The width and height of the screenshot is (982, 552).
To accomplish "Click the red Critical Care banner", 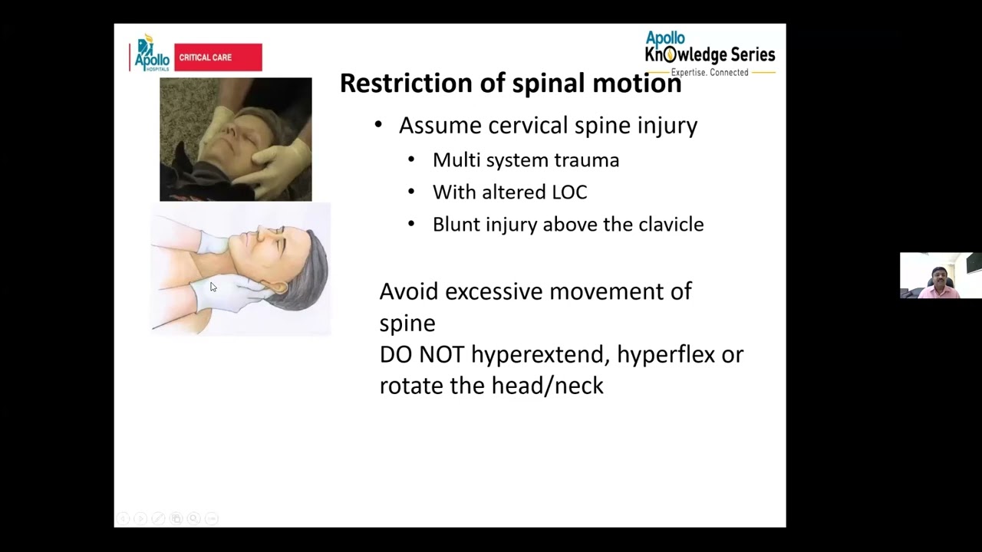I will (218, 58).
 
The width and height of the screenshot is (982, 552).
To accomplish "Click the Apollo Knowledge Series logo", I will (710, 54).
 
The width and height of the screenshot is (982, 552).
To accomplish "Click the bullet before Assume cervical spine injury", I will (377, 125).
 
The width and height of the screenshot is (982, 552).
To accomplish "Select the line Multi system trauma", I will (526, 160).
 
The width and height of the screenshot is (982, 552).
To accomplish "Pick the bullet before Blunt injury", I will (411, 224).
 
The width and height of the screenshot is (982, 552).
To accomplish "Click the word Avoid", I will (409, 291).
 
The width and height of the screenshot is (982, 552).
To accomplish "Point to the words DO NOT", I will (422, 355).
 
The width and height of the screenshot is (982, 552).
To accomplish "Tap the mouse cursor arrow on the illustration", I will (213, 287).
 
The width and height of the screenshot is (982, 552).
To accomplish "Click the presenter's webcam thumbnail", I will (941, 275).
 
